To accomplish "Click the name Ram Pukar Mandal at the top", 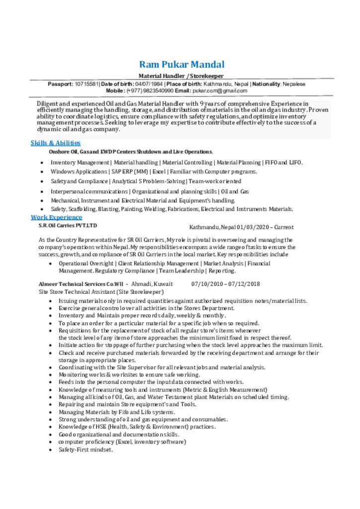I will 181,65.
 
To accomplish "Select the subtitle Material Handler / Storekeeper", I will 181,76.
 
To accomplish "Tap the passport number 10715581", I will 87,84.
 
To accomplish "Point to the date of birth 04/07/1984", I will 149,84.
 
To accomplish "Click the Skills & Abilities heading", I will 56,143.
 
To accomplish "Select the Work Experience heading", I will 57,217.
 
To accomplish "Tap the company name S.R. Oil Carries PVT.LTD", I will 68,225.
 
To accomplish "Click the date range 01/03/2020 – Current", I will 265,227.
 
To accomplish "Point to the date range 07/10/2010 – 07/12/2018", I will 226,284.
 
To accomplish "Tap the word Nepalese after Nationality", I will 294,84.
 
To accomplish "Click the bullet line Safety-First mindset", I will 86,449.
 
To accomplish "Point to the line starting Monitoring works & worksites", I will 129,375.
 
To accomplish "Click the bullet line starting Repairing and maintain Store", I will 127,405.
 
